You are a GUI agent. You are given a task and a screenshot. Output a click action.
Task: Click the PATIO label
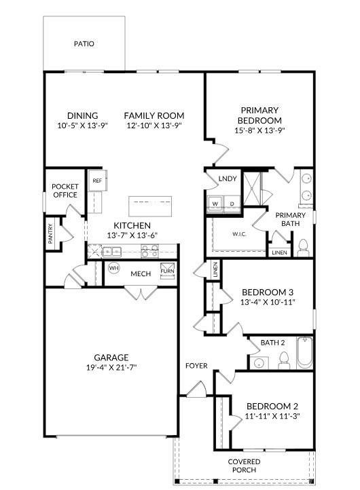84,44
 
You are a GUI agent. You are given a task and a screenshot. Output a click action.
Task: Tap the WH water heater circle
113,268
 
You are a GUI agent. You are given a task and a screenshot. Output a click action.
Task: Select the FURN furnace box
167,273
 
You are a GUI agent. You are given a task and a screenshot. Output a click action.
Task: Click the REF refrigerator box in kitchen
97,181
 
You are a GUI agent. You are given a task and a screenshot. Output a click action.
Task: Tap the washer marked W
215,203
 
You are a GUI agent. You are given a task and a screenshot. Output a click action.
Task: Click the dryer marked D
231,203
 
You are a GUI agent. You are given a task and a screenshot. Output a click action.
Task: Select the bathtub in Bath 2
304,352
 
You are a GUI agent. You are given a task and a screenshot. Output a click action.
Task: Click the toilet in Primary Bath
304,245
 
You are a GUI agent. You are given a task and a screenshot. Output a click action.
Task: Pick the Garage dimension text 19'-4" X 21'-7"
111,367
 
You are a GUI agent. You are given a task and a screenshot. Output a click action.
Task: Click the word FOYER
196,366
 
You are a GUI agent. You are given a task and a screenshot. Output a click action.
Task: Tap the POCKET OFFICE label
65,191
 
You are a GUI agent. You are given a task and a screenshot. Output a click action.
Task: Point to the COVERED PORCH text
244,466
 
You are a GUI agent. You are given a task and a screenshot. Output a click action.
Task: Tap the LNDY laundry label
228,179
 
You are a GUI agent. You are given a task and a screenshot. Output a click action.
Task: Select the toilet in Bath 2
285,360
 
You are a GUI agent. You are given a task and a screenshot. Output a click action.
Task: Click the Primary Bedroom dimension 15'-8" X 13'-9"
259,130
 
